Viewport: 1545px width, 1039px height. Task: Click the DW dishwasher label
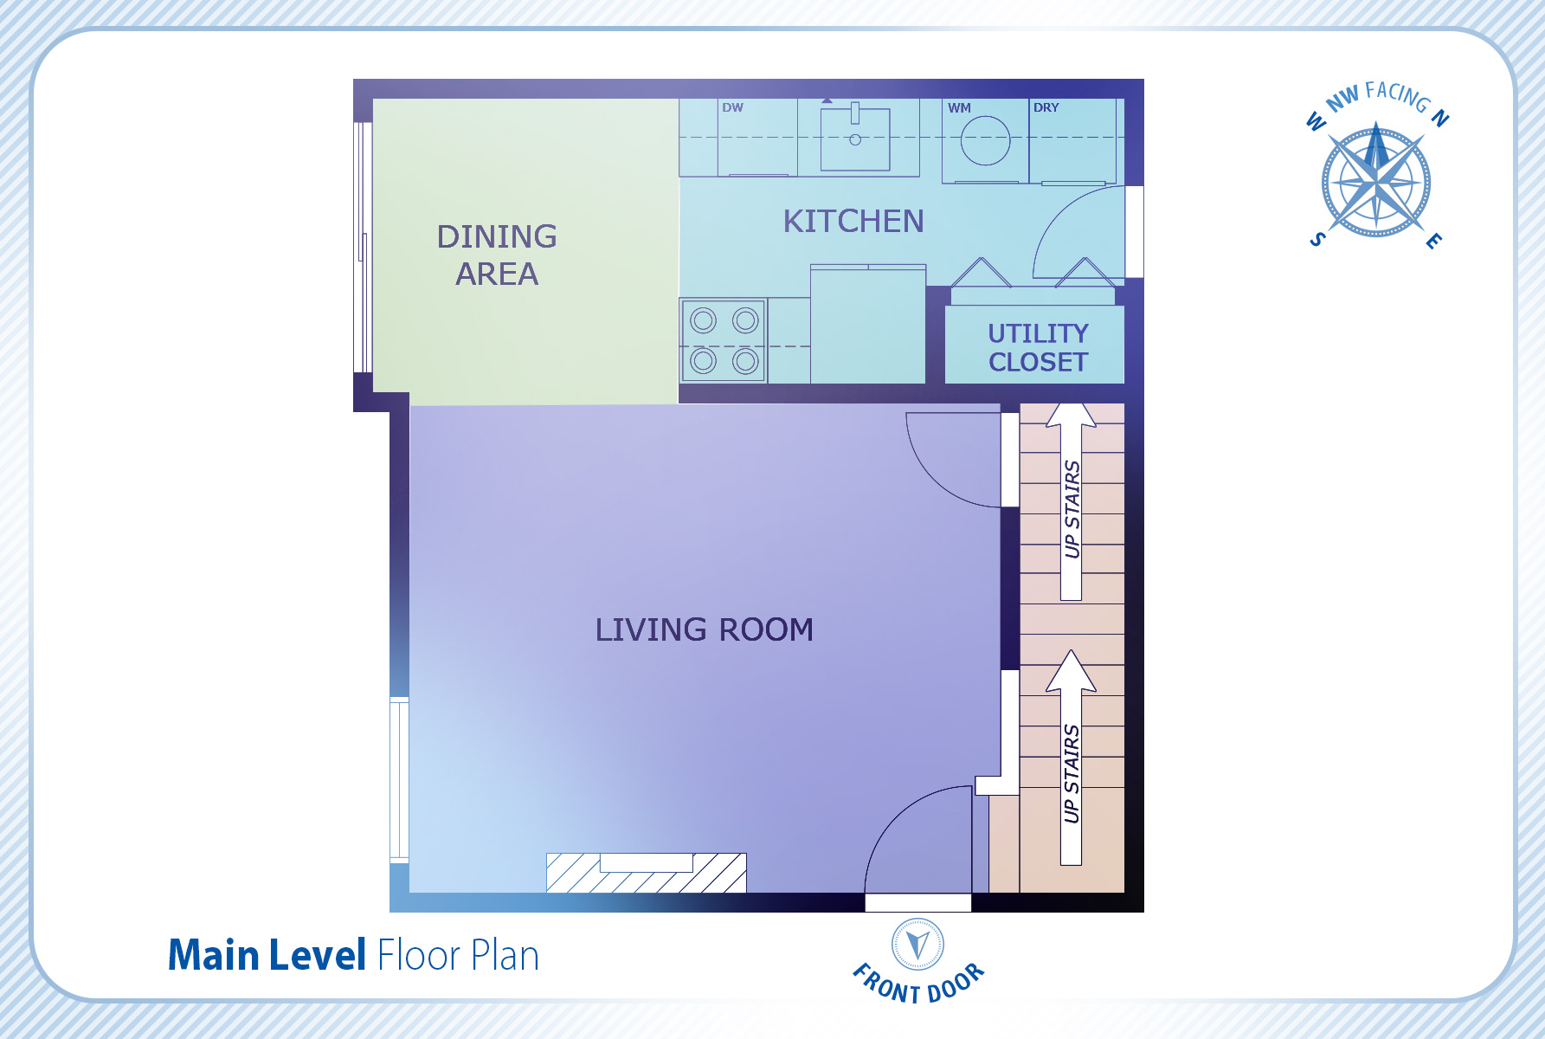(732, 107)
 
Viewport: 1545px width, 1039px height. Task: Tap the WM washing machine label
(959, 108)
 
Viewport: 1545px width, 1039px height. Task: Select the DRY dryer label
(1046, 107)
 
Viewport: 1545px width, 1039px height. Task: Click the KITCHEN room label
(853, 222)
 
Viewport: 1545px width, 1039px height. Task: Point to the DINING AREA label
(497, 255)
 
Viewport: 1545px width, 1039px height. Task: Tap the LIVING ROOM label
(704, 629)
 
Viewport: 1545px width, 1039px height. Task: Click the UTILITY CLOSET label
(1038, 347)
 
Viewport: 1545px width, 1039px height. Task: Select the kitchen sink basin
(855, 138)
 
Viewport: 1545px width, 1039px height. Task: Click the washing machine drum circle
(985, 140)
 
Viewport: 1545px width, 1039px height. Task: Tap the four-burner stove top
(724, 341)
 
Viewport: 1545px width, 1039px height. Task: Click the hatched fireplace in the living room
(646, 873)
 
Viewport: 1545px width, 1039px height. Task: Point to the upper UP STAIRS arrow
(1072, 502)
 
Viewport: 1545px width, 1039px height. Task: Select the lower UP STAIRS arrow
(1072, 758)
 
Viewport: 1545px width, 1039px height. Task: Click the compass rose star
(1376, 183)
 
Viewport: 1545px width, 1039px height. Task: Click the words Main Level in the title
(267, 956)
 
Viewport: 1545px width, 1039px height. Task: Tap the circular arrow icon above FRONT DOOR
(918, 945)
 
